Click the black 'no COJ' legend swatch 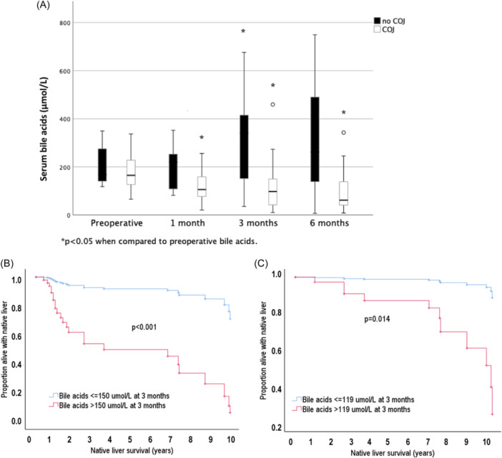pos(378,21)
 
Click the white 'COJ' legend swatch pos(378,29)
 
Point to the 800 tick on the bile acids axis pos(64,23)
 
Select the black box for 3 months pos(244,147)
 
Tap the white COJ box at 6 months pos(344,193)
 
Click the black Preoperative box pos(102,165)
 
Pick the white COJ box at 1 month pos(202,187)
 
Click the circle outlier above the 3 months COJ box pos(272,104)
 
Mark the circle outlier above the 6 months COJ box pos(343,132)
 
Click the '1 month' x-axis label pos(187,223)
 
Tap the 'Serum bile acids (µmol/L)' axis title pos(44,129)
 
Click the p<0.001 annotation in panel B pos(144,327)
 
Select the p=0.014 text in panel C pos(377,319)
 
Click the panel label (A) pos(43,5)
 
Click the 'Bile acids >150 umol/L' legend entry pos(107,406)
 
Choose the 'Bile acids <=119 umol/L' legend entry pos(353,400)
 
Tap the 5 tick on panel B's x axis pos(130,439)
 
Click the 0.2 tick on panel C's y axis pos(277,427)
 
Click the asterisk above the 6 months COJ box pos(343,113)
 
